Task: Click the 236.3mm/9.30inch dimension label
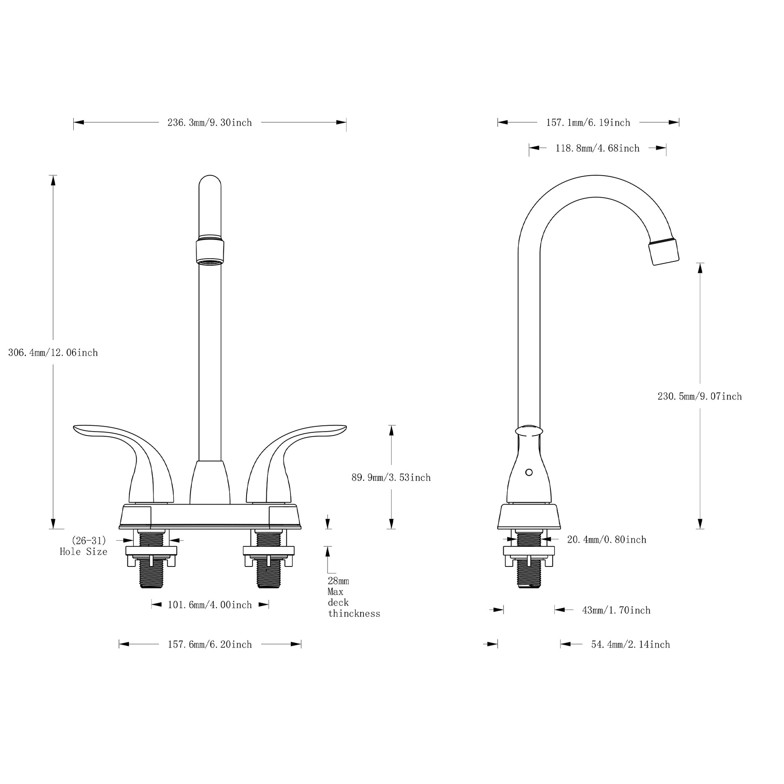click(209, 122)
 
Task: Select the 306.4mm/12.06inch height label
click(53, 353)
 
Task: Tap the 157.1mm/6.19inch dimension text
click(588, 122)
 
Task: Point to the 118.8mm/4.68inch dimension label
click(597, 149)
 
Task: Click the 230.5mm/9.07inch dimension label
click(699, 396)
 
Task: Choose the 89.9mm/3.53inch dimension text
click(391, 478)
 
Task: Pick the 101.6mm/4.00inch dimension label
click(210, 605)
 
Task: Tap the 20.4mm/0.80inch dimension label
click(607, 540)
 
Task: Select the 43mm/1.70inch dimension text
click(616, 610)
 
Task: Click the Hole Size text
click(83, 552)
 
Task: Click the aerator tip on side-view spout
click(664, 251)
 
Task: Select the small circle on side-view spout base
click(529, 472)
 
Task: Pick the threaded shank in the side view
click(529, 576)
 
